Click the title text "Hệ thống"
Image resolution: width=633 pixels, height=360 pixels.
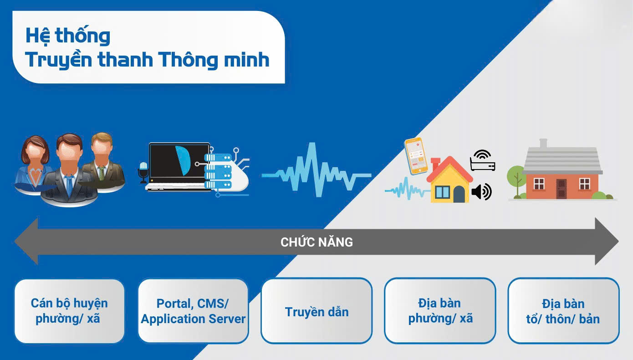coord(68,36)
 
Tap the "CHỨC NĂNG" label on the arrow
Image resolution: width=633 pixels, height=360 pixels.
coord(316,242)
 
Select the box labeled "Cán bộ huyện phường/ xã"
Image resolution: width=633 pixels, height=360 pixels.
coord(69,311)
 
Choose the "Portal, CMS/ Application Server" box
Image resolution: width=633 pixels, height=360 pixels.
coord(193,311)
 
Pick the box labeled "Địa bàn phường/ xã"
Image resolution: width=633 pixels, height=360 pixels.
coord(440,311)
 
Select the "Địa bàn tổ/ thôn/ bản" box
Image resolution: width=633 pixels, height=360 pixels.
coord(563,311)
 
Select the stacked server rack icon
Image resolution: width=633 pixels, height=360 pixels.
coord(218,171)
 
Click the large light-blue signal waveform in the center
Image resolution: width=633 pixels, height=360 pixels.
coord(316,170)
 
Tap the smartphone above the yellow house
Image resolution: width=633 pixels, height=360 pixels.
coord(416,155)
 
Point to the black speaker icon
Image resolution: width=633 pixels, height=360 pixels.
coord(481,192)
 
